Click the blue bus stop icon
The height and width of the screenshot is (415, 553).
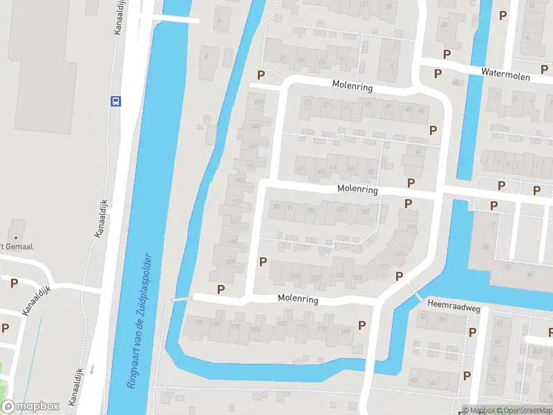pos(115,100)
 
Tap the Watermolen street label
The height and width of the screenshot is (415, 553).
pos(507,74)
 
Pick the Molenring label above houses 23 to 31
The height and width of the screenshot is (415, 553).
pos(352,88)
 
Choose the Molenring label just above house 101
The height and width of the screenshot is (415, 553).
pos(357,189)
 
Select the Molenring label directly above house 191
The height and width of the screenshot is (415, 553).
pos(297,299)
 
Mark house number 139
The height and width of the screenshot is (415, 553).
pos(259,103)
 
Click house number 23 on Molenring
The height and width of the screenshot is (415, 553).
pos(308,102)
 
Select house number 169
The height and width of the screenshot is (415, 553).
pos(229,261)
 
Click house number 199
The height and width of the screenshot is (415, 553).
pos(344,332)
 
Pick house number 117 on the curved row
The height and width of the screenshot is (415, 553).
pos(382,267)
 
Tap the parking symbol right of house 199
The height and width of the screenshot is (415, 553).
pos(362,325)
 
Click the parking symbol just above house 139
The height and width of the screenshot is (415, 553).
pos(261,75)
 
